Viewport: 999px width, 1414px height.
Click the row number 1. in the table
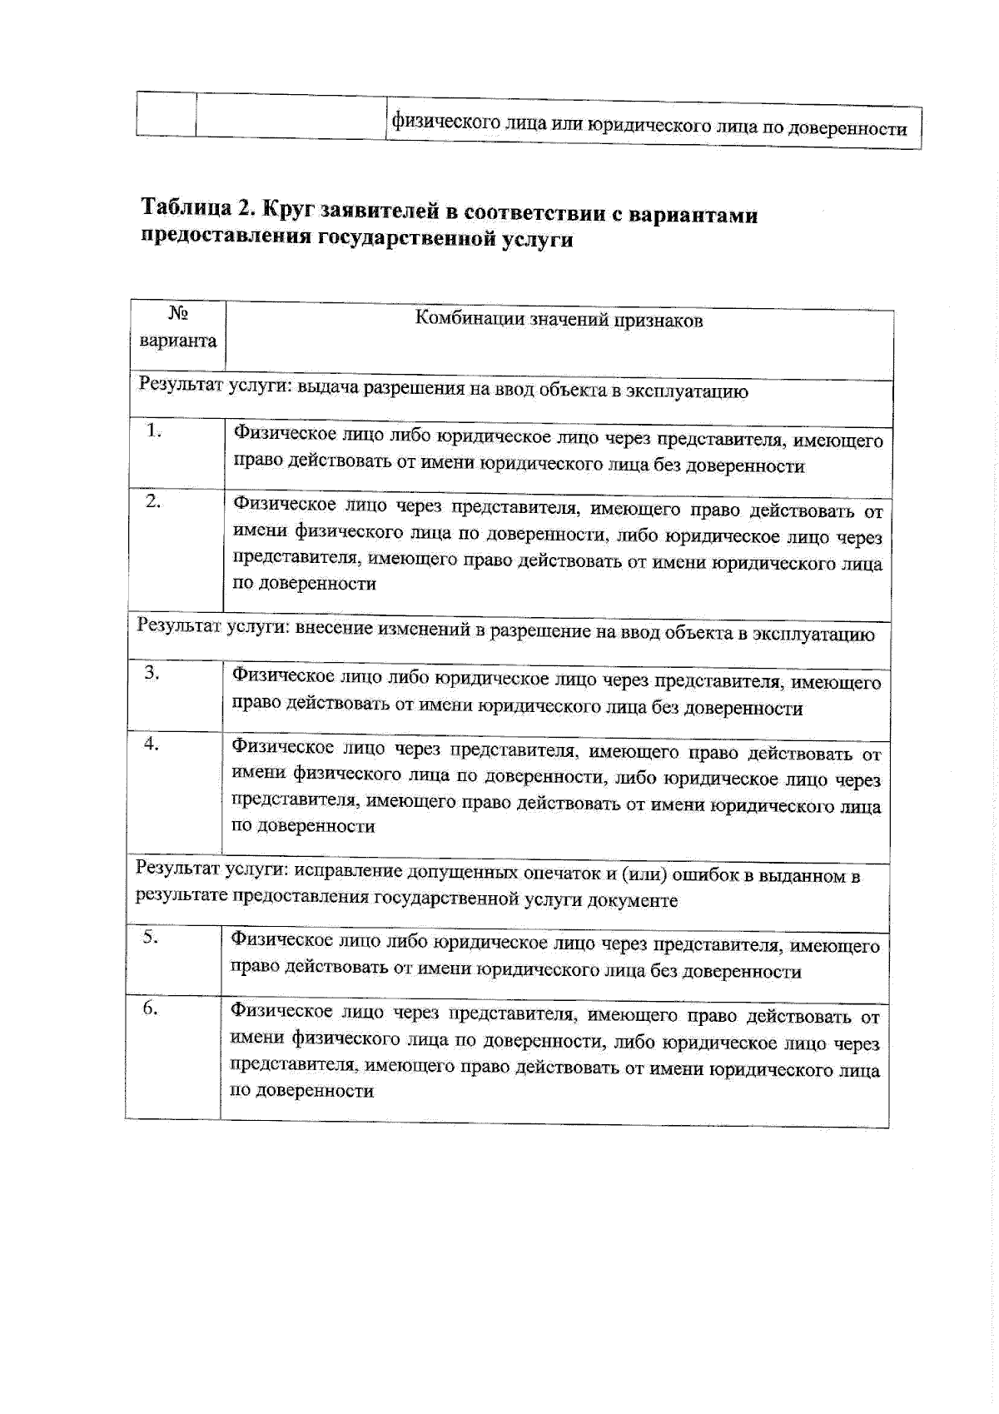154,431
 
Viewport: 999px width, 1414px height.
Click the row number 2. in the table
154,501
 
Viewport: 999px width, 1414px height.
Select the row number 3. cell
152,673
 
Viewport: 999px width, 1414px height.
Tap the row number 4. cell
152,744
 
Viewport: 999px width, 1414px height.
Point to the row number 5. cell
150,937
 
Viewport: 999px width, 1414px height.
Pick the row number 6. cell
150,1008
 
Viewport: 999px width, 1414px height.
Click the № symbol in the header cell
178,314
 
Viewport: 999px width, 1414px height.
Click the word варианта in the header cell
178,341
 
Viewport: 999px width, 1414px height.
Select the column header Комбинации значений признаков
559,320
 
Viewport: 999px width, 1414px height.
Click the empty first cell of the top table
166,113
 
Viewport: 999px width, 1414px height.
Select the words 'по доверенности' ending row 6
301,1091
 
